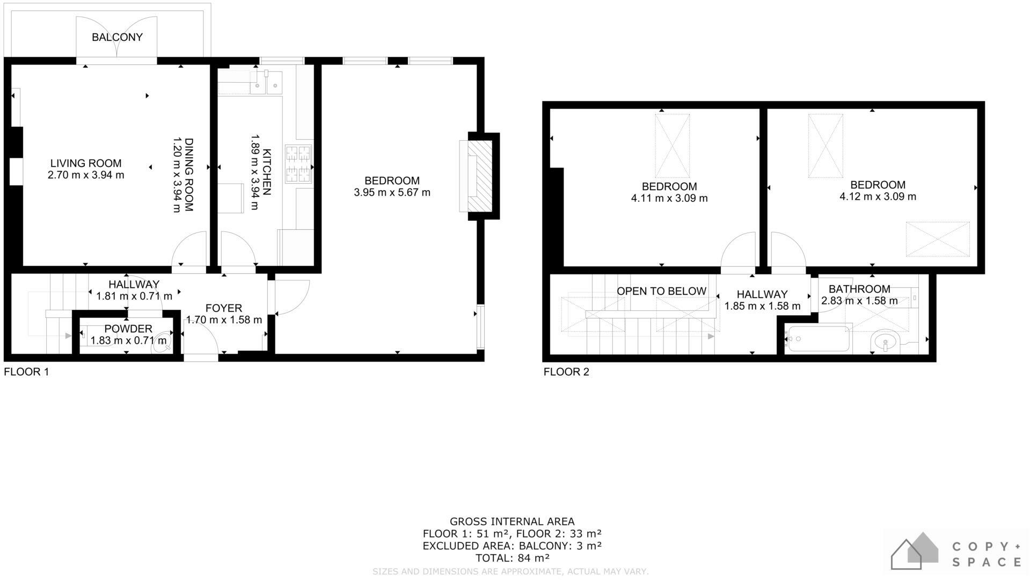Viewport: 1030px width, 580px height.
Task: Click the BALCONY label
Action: tap(117, 37)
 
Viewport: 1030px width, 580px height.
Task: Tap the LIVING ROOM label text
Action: tap(86, 163)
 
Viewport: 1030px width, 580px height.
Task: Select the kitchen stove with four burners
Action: tap(298, 164)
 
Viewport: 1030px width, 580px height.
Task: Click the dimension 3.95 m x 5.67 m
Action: tap(392, 192)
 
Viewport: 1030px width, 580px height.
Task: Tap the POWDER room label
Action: tap(128, 329)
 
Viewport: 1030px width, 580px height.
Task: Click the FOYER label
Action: tap(224, 308)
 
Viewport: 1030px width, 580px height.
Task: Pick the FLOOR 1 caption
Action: tap(26, 372)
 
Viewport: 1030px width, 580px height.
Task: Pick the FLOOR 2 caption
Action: tap(566, 372)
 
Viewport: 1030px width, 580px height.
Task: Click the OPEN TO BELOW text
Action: tap(661, 291)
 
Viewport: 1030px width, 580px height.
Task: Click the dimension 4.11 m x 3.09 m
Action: tap(669, 198)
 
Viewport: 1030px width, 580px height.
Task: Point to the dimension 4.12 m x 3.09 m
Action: tap(878, 197)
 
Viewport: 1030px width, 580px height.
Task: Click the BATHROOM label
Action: tap(859, 289)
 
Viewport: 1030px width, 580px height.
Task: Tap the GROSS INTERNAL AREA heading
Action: tap(512, 521)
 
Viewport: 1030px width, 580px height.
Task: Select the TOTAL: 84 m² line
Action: tap(512, 558)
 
